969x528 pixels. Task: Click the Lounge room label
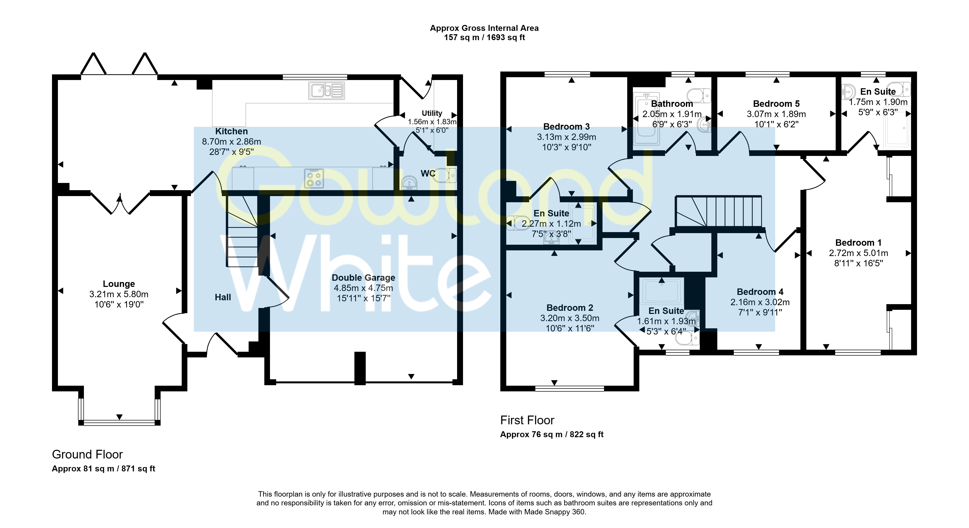(x=119, y=284)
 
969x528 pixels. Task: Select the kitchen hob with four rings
(x=314, y=178)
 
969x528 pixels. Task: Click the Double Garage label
(x=363, y=278)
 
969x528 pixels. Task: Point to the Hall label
(x=223, y=297)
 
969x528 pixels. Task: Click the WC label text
(x=428, y=173)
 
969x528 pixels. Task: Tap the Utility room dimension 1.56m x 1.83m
(x=432, y=122)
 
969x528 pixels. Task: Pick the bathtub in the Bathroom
(x=646, y=118)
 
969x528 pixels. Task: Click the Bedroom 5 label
(x=776, y=104)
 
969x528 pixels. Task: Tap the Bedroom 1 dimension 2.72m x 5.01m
(x=858, y=253)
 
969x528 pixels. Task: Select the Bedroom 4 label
(x=760, y=292)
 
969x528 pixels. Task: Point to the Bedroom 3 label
(x=566, y=127)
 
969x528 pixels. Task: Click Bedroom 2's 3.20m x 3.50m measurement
(x=570, y=318)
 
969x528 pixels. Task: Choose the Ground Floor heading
(x=87, y=455)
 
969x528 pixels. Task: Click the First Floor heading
(x=527, y=420)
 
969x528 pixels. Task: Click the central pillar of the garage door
(x=360, y=368)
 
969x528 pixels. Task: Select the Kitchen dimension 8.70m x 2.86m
(x=231, y=142)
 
